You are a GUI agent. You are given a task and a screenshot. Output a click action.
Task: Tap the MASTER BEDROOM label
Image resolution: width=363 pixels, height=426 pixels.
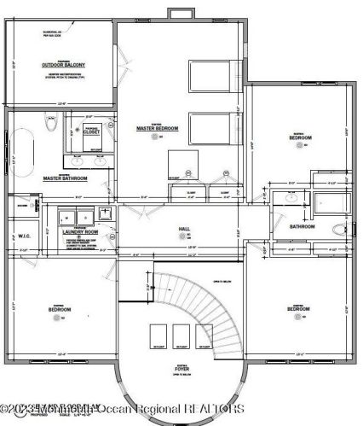(157, 129)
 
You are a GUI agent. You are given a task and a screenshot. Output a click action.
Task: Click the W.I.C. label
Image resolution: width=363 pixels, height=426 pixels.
(24, 236)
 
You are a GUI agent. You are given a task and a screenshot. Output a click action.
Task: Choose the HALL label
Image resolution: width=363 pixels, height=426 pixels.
(184, 230)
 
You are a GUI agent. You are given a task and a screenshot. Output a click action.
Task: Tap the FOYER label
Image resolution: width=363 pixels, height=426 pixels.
(182, 371)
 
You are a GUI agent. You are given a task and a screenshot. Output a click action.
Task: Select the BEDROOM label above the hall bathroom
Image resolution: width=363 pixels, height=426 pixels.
(299, 137)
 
